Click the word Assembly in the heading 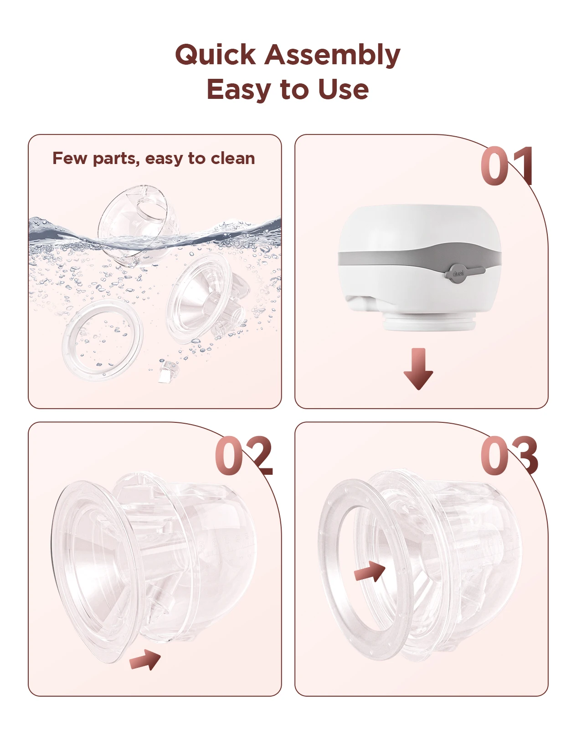pos(332,55)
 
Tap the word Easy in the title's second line pos(238,89)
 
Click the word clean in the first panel pos(232,159)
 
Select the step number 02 pos(244,456)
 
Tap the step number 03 pos(509,456)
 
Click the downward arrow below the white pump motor pos(418,369)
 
